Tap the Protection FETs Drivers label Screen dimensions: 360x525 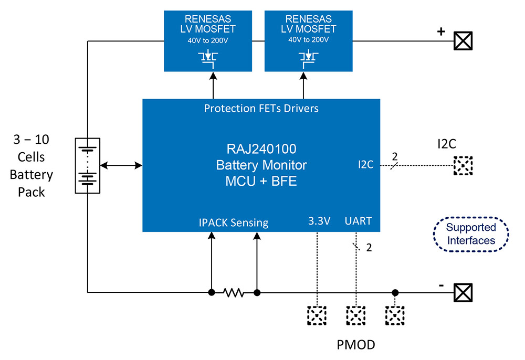pos(261,109)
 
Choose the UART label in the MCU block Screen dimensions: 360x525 pos(358,221)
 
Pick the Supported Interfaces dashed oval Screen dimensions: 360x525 pos(470,234)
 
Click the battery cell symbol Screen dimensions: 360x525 pos(88,165)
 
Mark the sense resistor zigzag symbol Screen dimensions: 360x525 pos(234,292)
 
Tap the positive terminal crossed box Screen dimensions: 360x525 pos(463,40)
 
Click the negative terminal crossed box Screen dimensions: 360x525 pos(463,292)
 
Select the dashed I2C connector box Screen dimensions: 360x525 pos(463,166)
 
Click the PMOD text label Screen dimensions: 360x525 pos(355,345)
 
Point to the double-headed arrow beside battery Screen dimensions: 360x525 pos(121,165)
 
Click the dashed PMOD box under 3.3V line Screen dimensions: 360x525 pos(317,315)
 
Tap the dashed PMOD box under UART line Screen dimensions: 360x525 pos(355,315)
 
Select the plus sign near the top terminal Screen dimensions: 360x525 pos(441,32)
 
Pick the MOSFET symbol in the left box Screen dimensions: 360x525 pos(209,56)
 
